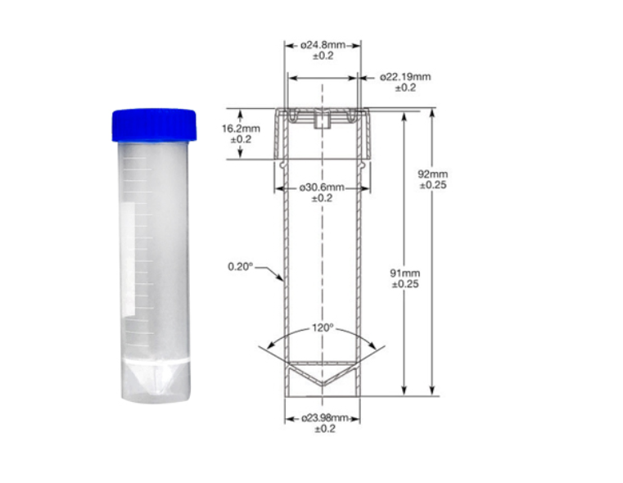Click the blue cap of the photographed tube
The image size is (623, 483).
[x=154, y=124]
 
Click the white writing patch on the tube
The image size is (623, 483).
[x=128, y=258]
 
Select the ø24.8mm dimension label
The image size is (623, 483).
[x=323, y=45]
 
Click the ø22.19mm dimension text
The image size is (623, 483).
[x=405, y=77]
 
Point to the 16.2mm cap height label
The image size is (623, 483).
[x=241, y=129]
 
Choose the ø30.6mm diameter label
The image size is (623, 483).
[x=322, y=187]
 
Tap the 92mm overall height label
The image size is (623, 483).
[x=433, y=174]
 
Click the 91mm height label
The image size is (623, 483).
[x=405, y=273]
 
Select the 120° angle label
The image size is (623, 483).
[x=323, y=327]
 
